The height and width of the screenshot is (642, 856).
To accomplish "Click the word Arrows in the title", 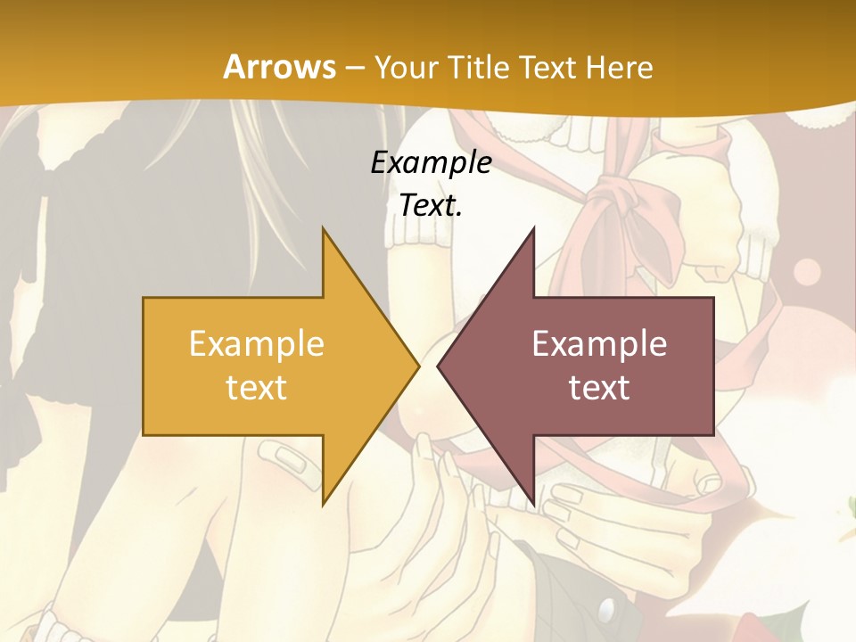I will pos(279,67).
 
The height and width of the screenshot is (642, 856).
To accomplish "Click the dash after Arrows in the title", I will pos(353,69).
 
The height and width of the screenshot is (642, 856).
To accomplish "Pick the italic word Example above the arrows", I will pos(431,163).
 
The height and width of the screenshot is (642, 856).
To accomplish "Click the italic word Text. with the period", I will pos(431,206).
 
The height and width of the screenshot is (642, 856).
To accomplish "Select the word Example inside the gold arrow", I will pos(257,344).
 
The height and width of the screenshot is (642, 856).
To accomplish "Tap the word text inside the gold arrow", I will pos(257,388).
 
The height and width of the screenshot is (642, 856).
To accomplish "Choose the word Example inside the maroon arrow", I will pos(599,344).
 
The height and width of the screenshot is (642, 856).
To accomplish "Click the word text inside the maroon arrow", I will pos(599,388).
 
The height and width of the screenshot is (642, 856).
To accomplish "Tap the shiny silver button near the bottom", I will pos(609,610).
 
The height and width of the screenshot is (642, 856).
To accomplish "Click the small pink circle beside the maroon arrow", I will pos(806,269).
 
